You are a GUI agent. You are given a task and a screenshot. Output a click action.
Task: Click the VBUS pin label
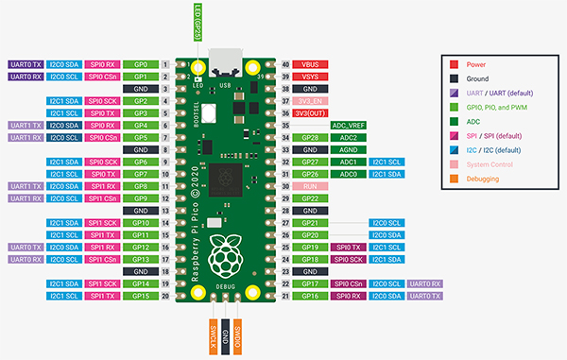coord(310,63)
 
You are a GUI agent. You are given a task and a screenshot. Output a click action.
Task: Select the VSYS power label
coord(310,76)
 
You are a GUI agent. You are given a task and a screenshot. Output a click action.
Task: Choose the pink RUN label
coord(310,186)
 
